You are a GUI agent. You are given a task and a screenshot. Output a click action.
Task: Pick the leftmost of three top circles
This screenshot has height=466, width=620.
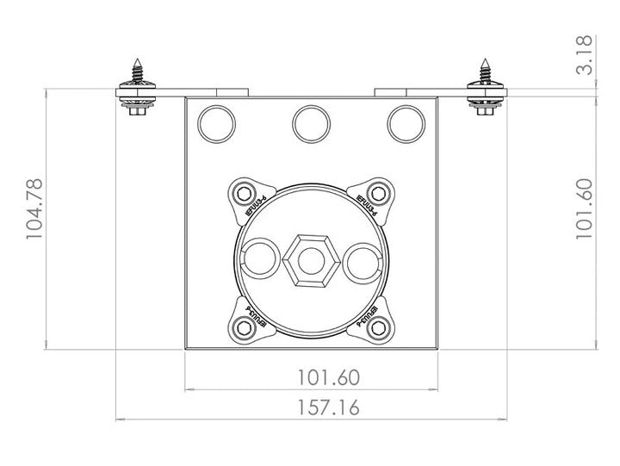coord(215,123)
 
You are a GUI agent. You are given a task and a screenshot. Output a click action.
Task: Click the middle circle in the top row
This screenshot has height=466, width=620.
coord(311,123)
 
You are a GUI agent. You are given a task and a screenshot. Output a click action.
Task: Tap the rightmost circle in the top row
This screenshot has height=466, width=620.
coord(406,123)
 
